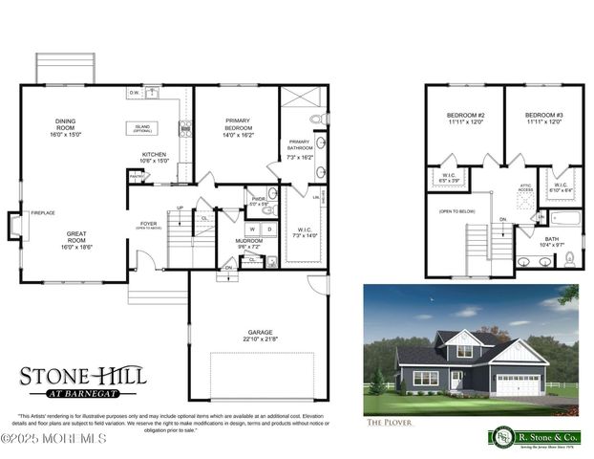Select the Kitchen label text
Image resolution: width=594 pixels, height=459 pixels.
coord(155,157)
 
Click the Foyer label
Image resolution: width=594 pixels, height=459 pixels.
coord(148,225)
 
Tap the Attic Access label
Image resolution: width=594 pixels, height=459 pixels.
coord(525,188)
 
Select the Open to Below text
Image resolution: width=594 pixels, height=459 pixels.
coord(456,211)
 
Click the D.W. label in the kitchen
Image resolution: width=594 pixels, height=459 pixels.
coord(136,93)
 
